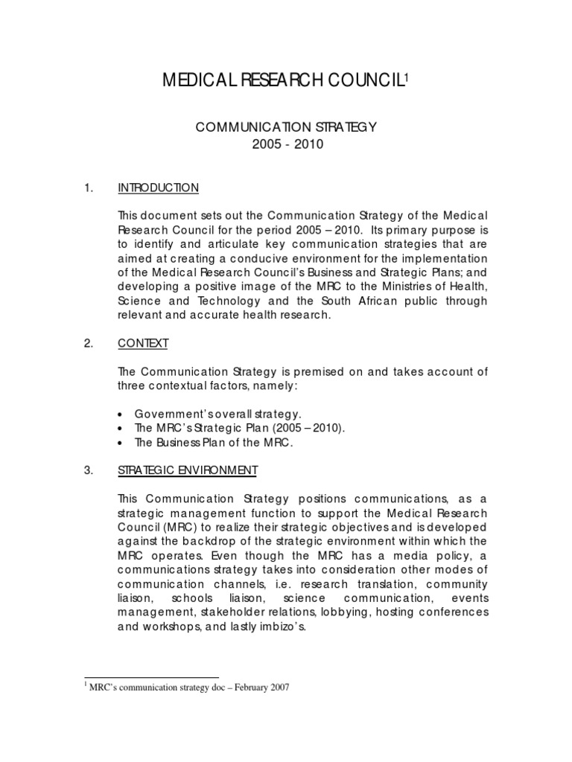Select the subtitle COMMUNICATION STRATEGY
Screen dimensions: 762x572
pyautogui.click(x=286, y=127)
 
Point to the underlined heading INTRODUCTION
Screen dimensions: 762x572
pyautogui.click(x=158, y=188)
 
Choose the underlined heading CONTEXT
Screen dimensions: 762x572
pyautogui.click(x=143, y=343)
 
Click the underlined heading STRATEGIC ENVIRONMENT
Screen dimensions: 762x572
pyautogui.click(x=188, y=470)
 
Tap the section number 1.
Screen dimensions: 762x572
pyautogui.click(x=90, y=188)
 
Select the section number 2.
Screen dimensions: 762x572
pyautogui.click(x=90, y=343)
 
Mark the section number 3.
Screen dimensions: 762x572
pyautogui.click(x=90, y=470)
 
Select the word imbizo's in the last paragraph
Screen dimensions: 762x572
pyautogui.click(x=286, y=627)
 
